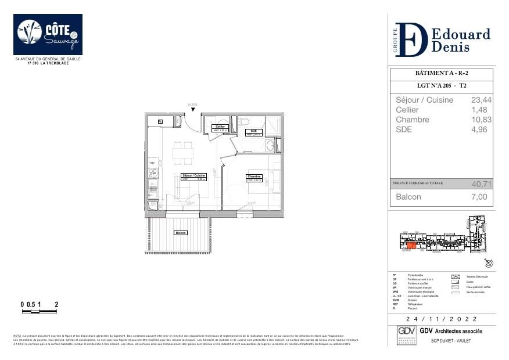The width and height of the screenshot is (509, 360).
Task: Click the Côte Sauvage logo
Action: click(x=48, y=35)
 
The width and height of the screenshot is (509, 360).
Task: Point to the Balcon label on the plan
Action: click(x=181, y=233)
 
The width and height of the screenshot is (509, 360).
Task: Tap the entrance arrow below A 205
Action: click(x=193, y=109)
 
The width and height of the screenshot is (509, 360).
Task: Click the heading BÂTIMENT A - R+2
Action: click(x=440, y=74)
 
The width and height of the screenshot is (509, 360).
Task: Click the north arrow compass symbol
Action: click(x=489, y=262)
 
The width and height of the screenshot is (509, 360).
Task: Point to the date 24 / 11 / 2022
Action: click(x=442, y=319)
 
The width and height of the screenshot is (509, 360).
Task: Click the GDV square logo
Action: click(x=406, y=335)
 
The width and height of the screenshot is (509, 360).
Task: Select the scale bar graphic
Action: click(x=40, y=312)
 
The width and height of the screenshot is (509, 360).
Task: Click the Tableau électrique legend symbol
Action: click(x=456, y=276)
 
